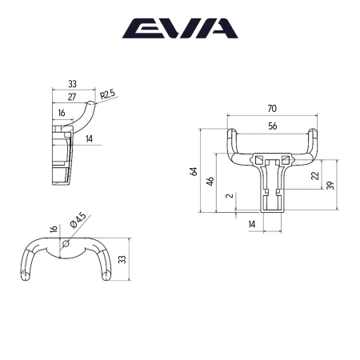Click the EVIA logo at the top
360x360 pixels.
[x=179, y=29]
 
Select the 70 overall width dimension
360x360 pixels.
[x=272, y=109]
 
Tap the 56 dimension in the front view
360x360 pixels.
[x=272, y=126]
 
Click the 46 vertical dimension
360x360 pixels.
[x=210, y=182]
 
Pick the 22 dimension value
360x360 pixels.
[x=314, y=175]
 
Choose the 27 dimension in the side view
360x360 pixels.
[x=73, y=96]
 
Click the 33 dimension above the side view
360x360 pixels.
[x=72, y=82]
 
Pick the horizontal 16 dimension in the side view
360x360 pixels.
[x=62, y=114]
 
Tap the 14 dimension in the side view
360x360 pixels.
[x=89, y=138]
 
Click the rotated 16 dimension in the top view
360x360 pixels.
[x=54, y=230]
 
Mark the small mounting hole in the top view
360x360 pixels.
[x=67, y=246]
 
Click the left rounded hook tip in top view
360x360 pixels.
[x=26, y=277]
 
